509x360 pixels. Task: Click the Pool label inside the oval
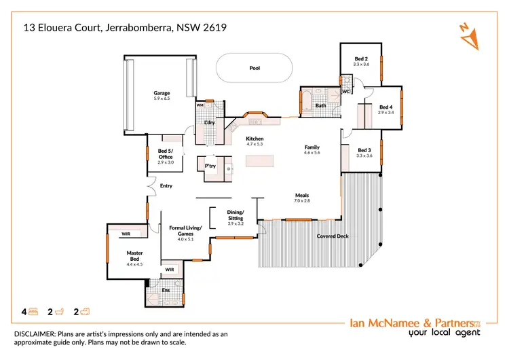click(254, 68)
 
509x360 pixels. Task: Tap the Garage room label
click(162, 93)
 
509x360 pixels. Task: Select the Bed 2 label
click(361, 59)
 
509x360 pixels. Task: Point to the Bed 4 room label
click(385, 107)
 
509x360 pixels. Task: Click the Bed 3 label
click(364, 150)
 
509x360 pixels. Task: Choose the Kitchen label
click(254, 139)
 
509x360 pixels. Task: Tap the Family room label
click(312, 147)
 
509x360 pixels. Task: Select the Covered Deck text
click(333, 236)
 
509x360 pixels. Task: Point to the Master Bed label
click(133, 256)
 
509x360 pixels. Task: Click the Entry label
click(166, 185)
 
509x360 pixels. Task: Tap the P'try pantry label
click(210, 165)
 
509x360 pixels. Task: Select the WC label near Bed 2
click(345, 91)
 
